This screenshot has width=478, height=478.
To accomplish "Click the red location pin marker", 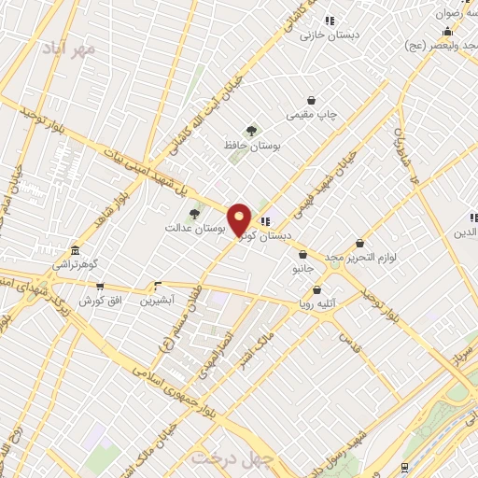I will pyautogui.click(x=239, y=220).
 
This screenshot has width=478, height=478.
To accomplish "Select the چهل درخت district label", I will pyautogui.click(x=224, y=457).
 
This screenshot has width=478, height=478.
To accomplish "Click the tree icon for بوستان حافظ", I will pyautogui.click(x=250, y=132).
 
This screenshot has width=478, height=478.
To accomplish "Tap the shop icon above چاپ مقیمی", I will pyautogui.click(x=312, y=100).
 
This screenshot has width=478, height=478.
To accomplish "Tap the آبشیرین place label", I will pyautogui.click(x=156, y=301).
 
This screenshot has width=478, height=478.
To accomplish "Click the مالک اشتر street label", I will pyautogui.click(x=260, y=344).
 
